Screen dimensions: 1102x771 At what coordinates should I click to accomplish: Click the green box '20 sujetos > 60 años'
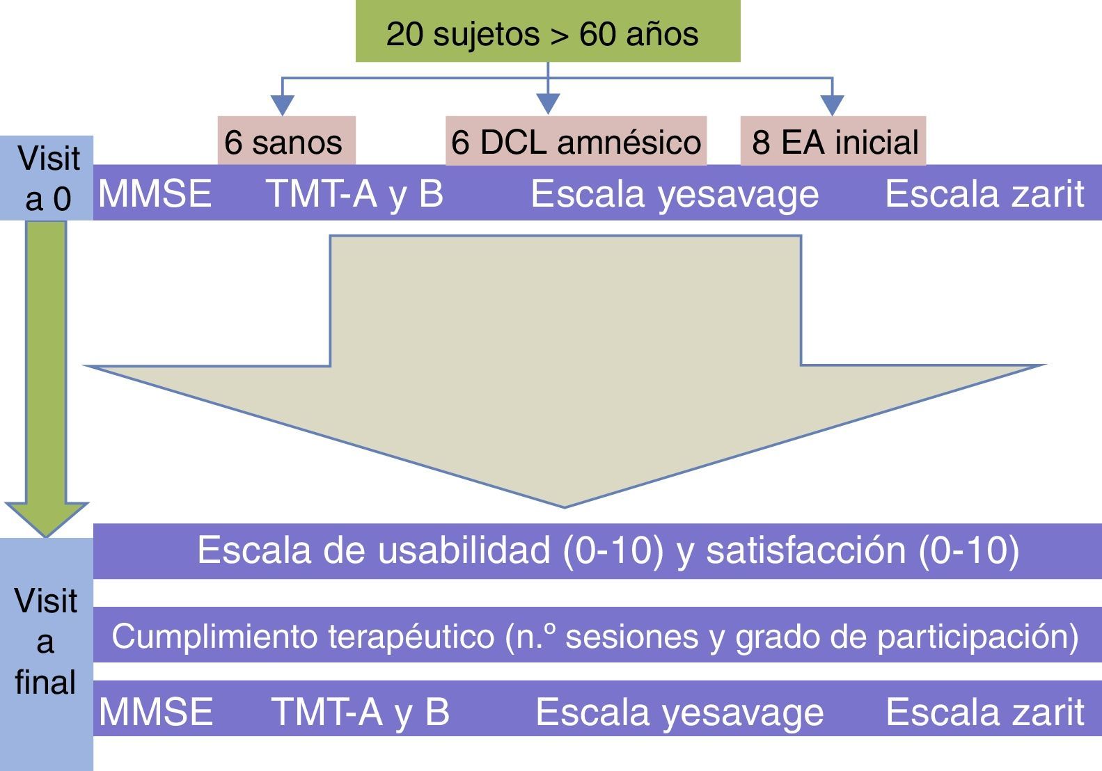coord(547,32)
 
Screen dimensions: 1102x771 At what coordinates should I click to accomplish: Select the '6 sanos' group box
coord(286,141)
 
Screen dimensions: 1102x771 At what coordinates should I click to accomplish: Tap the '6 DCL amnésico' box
coord(576,141)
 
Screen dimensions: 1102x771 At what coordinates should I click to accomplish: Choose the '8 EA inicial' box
coord(833,141)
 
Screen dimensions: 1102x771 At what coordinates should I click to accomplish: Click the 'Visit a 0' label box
coord(47,178)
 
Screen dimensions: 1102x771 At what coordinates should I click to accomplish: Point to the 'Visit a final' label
coord(46,642)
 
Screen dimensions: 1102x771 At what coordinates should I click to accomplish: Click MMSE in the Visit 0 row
coord(155,193)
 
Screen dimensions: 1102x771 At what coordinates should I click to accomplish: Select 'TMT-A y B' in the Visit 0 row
coord(355,193)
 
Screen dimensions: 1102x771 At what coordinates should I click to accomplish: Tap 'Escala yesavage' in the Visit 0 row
coord(675,194)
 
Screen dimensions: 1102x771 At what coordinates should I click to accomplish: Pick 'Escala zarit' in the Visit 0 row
coord(984,193)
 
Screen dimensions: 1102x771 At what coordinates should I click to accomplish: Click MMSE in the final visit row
coord(156,711)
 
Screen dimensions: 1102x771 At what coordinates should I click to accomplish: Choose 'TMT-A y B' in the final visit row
coord(360,711)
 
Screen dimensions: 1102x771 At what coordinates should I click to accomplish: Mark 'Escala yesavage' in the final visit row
coord(679,713)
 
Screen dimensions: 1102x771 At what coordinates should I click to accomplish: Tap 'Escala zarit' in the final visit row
coord(984,711)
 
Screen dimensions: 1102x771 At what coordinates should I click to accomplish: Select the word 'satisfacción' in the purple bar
coord(805,550)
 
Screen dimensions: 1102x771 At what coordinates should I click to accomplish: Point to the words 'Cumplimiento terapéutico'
coord(304,636)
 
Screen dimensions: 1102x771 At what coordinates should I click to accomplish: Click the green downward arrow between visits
coord(46,376)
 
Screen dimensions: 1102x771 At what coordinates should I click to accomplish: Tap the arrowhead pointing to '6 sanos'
coord(282,105)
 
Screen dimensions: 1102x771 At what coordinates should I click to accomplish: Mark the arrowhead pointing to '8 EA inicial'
coord(833,105)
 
